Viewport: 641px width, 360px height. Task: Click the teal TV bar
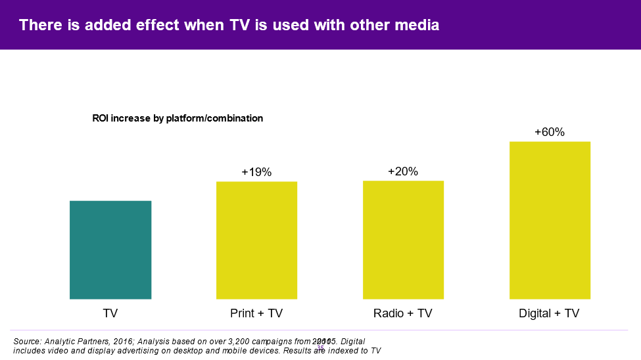[x=110, y=250]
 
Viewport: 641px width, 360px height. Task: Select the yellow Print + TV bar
[x=256, y=240]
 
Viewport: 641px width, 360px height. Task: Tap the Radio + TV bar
[x=403, y=240]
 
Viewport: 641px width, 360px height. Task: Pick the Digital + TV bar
[x=550, y=220]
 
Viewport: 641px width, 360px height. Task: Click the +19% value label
[x=256, y=172]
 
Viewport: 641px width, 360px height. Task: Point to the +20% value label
[x=403, y=171]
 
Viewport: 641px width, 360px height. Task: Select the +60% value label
[x=550, y=132]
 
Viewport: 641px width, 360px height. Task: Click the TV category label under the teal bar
[x=110, y=313]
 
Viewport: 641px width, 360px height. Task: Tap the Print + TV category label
[x=256, y=313]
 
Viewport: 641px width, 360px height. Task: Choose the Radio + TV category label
[x=403, y=313]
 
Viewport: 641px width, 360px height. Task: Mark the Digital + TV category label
[x=550, y=313]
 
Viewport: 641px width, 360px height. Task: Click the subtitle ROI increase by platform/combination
[x=178, y=118]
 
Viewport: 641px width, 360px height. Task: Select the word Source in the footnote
[x=26, y=342]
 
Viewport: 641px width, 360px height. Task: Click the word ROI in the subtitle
[x=102, y=118]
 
